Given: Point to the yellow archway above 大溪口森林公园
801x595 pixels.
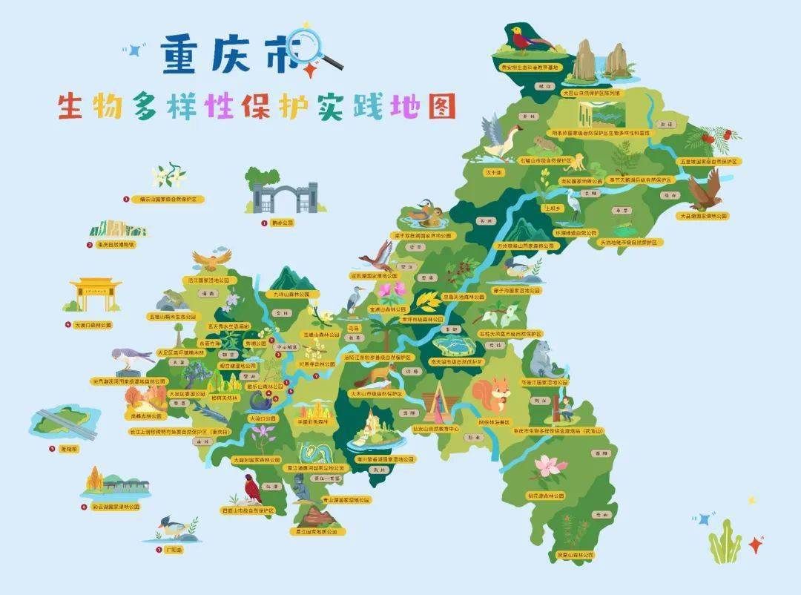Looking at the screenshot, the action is pyautogui.click(x=95, y=295).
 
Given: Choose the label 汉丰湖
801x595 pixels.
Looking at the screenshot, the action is pyautogui.click(x=494, y=172).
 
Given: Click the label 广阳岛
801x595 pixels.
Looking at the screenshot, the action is pyautogui.click(x=174, y=550).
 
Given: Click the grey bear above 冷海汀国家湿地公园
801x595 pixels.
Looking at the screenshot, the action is pyautogui.click(x=543, y=358).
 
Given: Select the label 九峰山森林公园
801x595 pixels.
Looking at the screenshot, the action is pyautogui.click(x=296, y=295).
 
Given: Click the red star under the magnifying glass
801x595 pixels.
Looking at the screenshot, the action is pyautogui.click(x=309, y=70).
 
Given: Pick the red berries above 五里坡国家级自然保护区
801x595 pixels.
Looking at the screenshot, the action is pyautogui.click(x=714, y=137).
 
